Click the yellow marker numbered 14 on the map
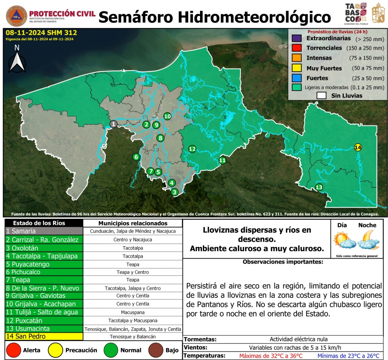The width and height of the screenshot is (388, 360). [358, 147]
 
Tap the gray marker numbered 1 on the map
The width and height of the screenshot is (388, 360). [113, 124]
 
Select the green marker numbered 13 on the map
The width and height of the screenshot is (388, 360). [319, 187]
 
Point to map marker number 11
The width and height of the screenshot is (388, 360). [222, 160]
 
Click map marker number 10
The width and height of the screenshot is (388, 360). [167, 116]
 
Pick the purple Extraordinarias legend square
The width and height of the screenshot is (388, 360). [297, 38]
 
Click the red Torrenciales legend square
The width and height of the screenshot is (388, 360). [297, 48]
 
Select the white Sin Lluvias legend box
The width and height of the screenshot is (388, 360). [321, 96]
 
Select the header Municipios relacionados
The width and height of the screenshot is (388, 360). [132, 223]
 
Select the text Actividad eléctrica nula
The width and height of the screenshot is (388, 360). [299, 339]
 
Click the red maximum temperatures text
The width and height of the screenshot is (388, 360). [271, 356]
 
